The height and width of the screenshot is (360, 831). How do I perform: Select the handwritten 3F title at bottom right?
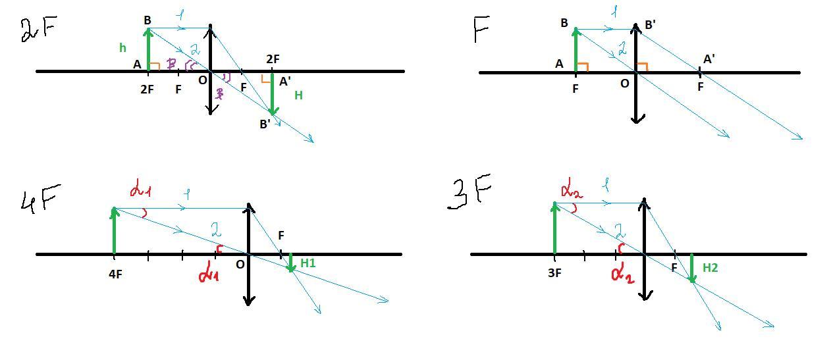pos(469,192)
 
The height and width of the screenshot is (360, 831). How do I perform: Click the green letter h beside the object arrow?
pos(122,47)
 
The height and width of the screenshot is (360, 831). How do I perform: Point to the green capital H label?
pos(298,95)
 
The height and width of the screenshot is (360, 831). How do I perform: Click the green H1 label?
pos(308,263)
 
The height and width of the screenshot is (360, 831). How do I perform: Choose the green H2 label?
pos(710,267)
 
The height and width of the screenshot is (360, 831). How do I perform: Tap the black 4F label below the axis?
pos(115,274)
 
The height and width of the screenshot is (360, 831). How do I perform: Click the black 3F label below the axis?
pos(554,272)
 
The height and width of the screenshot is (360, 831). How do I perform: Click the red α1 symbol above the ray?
pos(140,190)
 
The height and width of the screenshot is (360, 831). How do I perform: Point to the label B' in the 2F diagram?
pos(265,124)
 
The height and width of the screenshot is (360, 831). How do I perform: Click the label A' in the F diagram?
pos(709,59)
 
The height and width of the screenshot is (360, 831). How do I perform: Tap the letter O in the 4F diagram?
pos(240,265)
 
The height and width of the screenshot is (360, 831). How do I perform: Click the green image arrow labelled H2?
pos(691,268)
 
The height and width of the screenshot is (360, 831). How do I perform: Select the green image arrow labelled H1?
pos(290,261)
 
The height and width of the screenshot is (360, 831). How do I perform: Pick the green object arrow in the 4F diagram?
pos(115,230)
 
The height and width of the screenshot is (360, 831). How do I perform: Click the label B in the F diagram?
pos(564,24)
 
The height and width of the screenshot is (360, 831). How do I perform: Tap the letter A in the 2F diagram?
pos(137,64)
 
